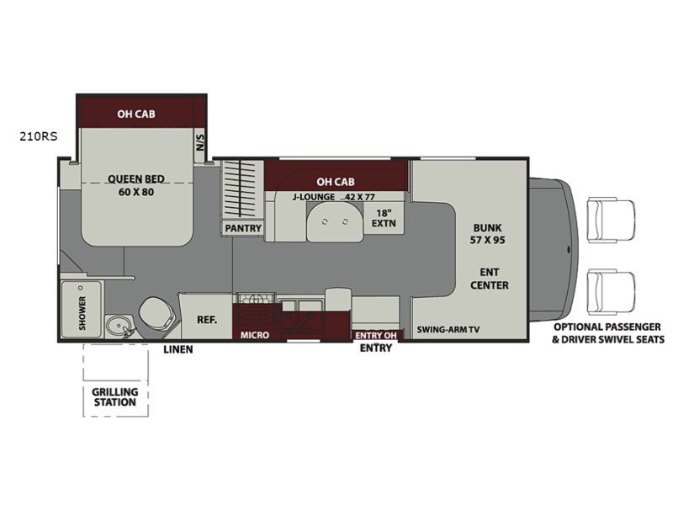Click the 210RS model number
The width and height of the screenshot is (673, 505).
(x=38, y=136)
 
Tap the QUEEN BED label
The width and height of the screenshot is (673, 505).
(x=136, y=178)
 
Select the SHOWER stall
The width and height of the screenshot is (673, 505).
(x=82, y=309)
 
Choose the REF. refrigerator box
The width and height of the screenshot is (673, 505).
(x=206, y=317)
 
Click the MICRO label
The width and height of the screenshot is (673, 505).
(x=255, y=335)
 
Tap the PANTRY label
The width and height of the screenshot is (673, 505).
(x=243, y=228)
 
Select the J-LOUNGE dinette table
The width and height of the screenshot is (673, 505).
(x=335, y=221)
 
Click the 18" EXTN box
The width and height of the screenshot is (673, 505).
(x=384, y=218)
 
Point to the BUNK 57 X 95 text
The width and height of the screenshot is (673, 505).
(x=488, y=234)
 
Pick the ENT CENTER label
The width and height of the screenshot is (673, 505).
(x=490, y=279)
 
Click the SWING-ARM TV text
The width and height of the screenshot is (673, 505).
(x=448, y=330)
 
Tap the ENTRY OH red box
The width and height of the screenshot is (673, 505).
(x=376, y=335)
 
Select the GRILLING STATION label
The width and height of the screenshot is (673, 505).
(x=115, y=397)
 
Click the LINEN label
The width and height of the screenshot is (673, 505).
(x=178, y=349)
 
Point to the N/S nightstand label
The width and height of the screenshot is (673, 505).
(x=200, y=142)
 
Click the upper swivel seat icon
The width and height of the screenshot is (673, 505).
(x=612, y=220)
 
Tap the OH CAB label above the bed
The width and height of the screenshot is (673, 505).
(x=136, y=114)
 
